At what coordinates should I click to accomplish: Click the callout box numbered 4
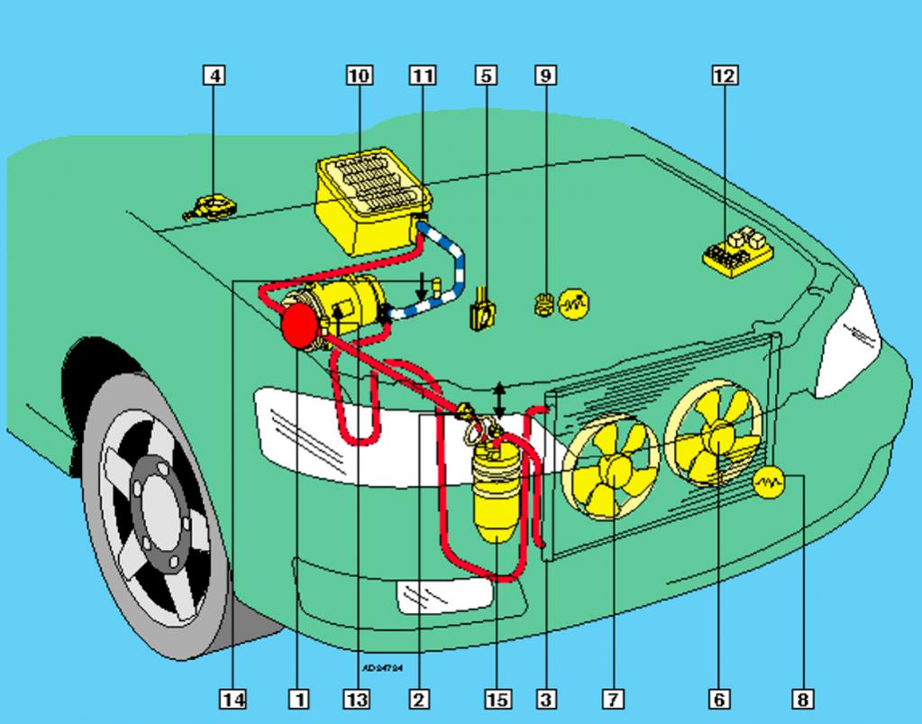coord(214,75)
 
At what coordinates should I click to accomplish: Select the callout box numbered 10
coord(358,75)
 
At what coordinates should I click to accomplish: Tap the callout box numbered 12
coord(724,75)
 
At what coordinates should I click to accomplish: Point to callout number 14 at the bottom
coord(234,698)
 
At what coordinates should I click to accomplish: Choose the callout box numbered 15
coord(497,698)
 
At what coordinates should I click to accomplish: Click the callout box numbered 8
coord(801,698)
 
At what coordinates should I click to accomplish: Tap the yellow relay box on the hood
coord(737,250)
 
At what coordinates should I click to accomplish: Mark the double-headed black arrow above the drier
coord(499,400)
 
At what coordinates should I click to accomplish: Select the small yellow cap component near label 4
coord(210,208)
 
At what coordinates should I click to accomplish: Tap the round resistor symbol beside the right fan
coord(769,482)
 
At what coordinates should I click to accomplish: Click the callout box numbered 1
coord(297,698)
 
